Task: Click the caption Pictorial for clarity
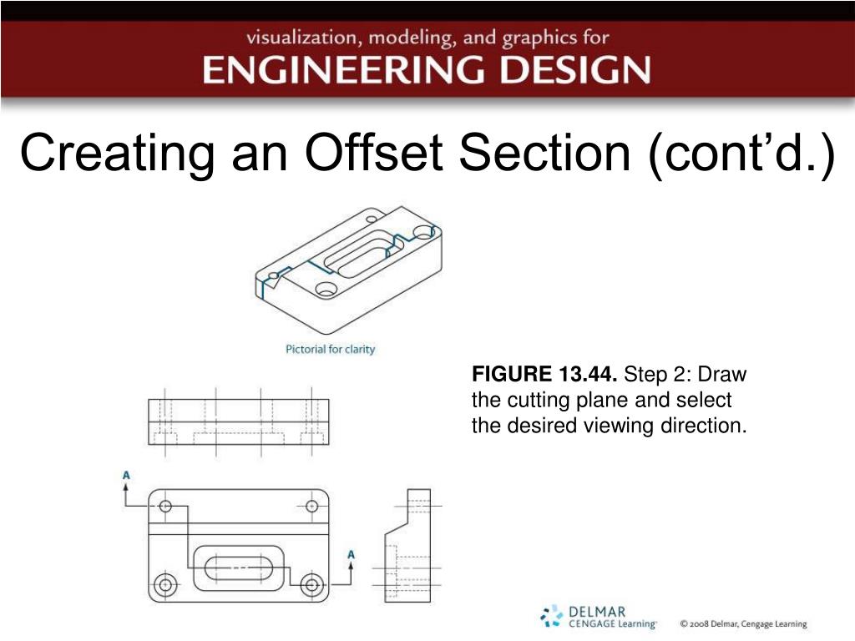[x=331, y=349]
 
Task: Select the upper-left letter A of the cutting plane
[x=126, y=476]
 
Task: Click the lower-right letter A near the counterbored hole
[x=351, y=554]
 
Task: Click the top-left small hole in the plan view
[x=165, y=506]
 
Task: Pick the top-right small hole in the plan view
[x=313, y=506]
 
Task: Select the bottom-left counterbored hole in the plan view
[x=165, y=584]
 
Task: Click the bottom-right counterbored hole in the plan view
[x=313, y=584]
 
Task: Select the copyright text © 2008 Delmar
[x=742, y=623]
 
